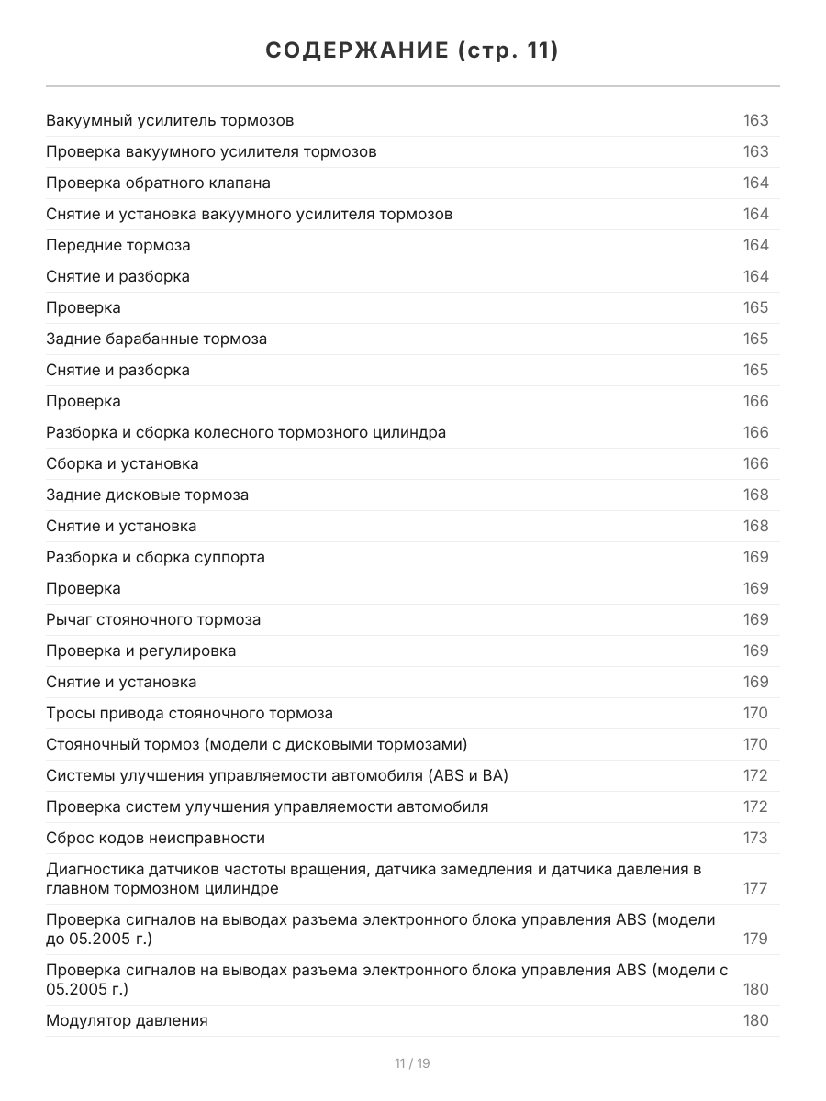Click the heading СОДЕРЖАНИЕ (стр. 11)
tap(412, 50)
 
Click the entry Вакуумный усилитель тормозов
tap(170, 120)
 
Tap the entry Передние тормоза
tap(118, 245)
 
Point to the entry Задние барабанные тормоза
tap(157, 339)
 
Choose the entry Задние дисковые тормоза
tap(147, 495)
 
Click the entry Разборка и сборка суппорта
tap(155, 557)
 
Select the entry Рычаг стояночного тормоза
tap(153, 619)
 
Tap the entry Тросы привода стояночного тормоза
tap(189, 713)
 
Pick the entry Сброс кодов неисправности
tap(155, 838)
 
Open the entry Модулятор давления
tap(127, 1020)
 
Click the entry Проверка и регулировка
tap(140, 651)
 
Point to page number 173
tap(755, 838)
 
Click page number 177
tap(755, 888)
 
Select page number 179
tap(755, 939)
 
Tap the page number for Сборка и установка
tap(755, 463)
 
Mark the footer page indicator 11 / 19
tap(412, 1063)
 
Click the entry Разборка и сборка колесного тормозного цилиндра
tap(246, 432)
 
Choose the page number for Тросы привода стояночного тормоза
tap(755, 713)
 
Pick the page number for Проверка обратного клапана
tap(755, 183)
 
